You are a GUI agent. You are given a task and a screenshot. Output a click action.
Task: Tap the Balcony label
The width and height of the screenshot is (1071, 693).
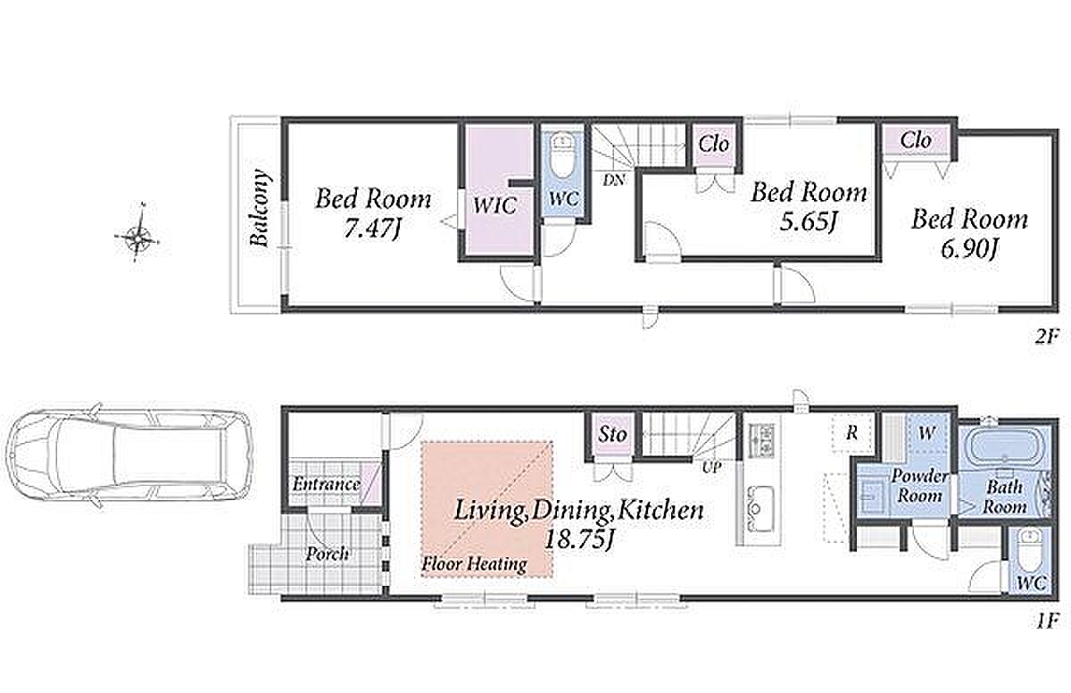(261, 207)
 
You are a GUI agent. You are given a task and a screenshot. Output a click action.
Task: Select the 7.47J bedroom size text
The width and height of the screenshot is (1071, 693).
(372, 229)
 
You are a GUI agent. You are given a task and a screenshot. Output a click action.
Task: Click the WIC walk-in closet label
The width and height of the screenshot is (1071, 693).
(494, 205)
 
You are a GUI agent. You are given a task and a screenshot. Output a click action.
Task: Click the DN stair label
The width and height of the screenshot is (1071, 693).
(614, 180)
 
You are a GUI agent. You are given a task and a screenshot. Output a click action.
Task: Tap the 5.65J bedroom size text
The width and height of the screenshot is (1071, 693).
(809, 221)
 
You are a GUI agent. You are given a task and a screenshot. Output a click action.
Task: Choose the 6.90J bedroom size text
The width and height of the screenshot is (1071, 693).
(969, 248)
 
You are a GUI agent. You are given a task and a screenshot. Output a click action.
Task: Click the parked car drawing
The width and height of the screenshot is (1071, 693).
(129, 455)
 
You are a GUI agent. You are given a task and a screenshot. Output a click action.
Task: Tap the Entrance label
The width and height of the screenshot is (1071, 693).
(327, 484)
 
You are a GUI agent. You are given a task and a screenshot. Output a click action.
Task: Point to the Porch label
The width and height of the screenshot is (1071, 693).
(327, 554)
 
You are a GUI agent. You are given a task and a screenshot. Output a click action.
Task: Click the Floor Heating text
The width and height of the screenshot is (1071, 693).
(474, 564)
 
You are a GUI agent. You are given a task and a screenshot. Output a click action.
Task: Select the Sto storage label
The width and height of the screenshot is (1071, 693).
(612, 435)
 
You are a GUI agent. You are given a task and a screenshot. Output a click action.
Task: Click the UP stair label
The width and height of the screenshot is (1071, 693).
(711, 467)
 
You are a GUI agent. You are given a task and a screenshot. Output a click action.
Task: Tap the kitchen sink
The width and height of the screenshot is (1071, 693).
(760, 508)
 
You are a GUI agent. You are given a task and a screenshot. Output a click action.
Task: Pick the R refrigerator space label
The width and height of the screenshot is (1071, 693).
(851, 433)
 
